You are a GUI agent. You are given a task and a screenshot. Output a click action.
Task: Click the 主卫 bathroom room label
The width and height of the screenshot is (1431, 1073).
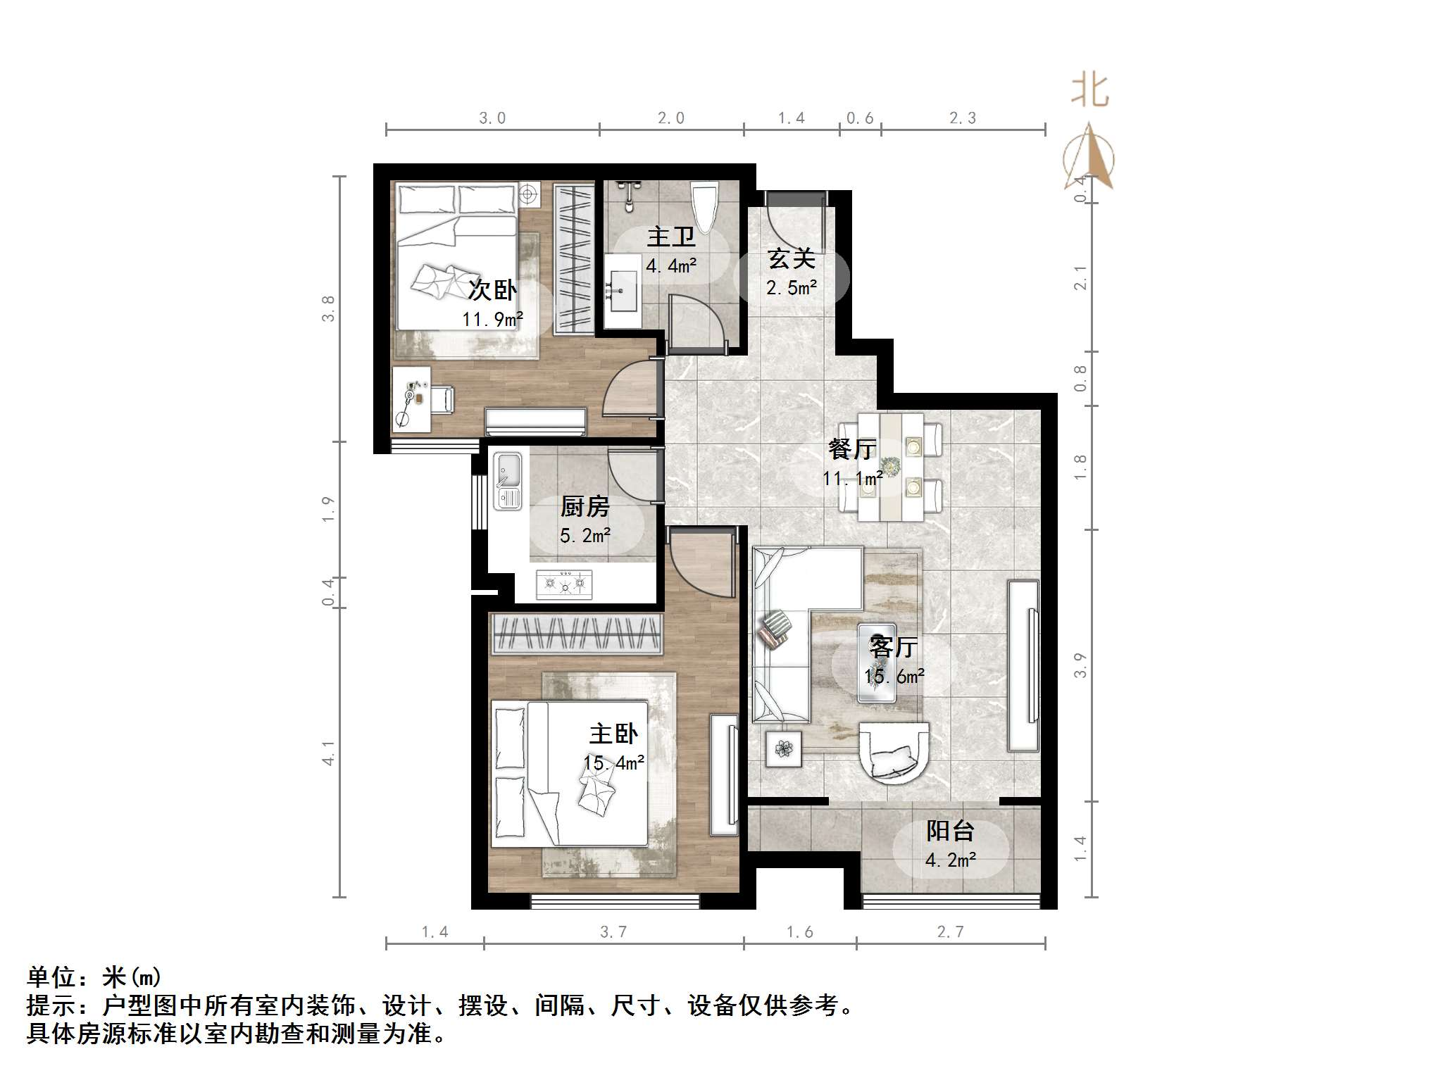coord(670,237)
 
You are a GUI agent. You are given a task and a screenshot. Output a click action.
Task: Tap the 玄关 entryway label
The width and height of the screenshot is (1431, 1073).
coord(791,258)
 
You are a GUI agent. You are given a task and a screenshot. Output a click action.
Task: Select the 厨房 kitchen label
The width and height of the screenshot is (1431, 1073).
coord(585,506)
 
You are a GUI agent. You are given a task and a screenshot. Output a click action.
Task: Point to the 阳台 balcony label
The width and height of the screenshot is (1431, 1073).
coord(949,831)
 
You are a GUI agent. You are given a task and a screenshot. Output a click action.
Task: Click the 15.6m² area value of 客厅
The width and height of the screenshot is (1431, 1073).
coord(894,677)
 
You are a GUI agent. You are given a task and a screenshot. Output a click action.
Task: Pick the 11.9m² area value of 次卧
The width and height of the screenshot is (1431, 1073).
coord(492,319)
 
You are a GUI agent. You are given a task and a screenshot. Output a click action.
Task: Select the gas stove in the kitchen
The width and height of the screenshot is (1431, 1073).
coord(564,584)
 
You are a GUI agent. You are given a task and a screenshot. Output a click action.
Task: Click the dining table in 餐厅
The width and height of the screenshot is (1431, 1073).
coord(891,466)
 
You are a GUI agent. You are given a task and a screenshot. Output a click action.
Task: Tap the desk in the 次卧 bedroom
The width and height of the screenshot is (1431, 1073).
coord(411,399)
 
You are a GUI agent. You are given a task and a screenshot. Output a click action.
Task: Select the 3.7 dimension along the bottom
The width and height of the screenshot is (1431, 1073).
coord(613,932)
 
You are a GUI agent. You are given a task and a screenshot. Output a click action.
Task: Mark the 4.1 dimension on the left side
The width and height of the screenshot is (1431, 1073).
coord(329,753)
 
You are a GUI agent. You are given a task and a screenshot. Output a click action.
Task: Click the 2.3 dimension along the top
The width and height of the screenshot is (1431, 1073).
coord(962,118)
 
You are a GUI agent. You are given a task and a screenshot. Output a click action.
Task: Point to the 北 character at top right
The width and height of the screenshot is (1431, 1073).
coord(1089,92)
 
